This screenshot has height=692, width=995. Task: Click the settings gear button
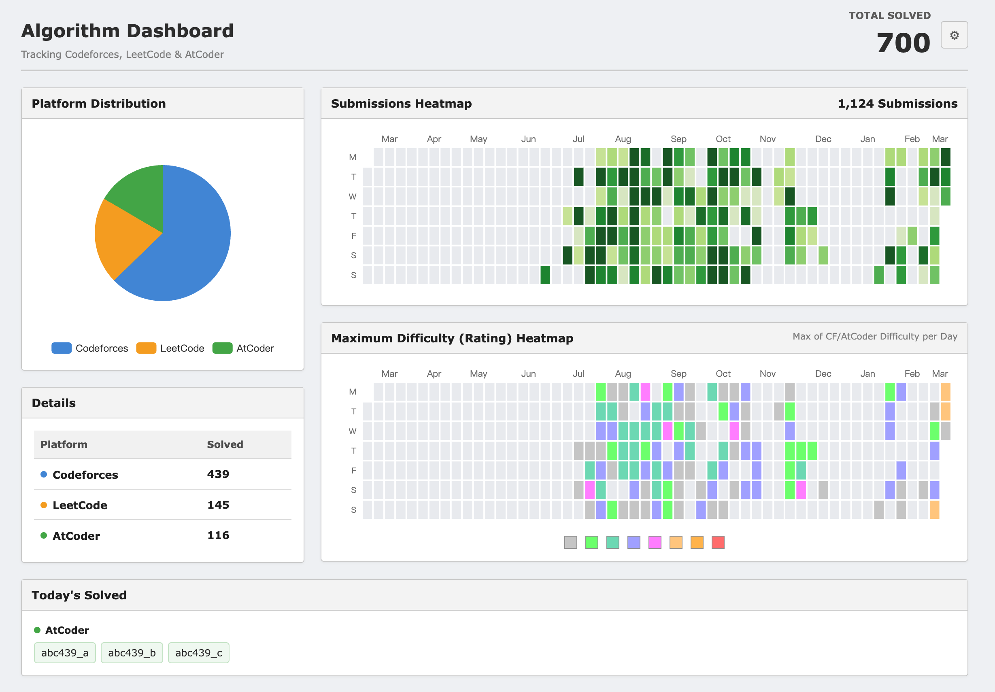tap(954, 35)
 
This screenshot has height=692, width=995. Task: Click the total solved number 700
tap(904, 43)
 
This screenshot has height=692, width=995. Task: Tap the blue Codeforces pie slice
tap(191, 243)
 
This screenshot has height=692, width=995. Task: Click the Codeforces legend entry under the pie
tap(90, 348)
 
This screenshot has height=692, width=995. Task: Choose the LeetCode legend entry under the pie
tap(170, 348)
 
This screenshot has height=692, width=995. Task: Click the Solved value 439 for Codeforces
tap(218, 474)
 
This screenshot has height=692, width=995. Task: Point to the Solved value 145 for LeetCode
tap(218, 505)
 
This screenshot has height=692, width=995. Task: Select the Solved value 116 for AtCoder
tap(218, 535)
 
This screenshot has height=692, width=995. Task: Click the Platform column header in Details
tap(64, 445)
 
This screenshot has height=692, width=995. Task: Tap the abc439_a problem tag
tap(65, 653)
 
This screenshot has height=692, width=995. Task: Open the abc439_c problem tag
tap(198, 653)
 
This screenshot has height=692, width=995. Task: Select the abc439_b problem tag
tap(132, 653)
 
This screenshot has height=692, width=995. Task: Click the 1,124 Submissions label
tap(897, 104)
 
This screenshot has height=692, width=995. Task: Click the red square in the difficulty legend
tap(718, 542)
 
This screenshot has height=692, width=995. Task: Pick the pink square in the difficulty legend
tap(655, 542)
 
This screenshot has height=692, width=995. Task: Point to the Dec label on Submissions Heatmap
tap(823, 139)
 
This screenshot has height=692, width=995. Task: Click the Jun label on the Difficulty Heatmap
tap(528, 374)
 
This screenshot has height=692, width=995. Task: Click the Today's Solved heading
tap(79, 595)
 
